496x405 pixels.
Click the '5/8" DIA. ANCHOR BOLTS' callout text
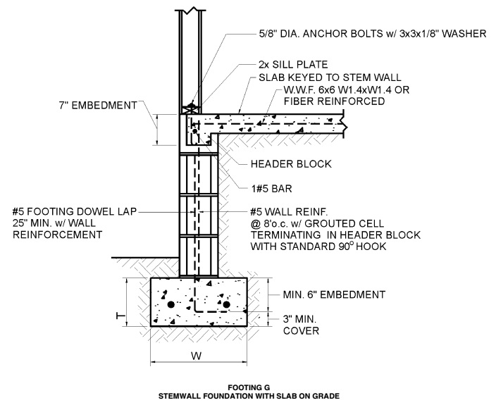tap(356, 33)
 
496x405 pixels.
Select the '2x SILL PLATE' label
tap(283, 63)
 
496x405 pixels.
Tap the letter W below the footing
tap(199, 356)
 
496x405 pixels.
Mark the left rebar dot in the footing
tap(171, 304)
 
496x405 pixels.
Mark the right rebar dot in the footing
tap(227, 304)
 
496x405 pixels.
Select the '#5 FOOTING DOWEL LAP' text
tap(74, 211)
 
